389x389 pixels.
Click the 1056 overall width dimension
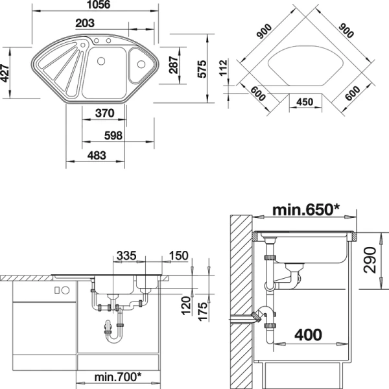[99, 5]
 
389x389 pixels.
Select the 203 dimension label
[85, 23]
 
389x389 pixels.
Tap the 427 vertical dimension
[5, 73]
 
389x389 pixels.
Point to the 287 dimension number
[173, 65]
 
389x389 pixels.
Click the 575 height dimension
[202, 69]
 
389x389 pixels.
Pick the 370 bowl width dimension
[104, 113]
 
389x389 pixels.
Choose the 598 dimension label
[113, 136]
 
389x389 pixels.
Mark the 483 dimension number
[97, 156]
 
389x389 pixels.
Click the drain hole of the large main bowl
[101, 61]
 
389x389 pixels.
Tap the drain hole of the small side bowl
[141, 64]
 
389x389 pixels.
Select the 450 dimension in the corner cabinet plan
[305, 102]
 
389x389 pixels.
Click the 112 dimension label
[223, 67]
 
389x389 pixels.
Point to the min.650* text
[305, 209]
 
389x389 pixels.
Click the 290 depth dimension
[370, 260]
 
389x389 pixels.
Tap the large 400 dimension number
[308, 335]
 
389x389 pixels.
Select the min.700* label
[118, 377]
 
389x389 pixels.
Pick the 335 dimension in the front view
[126, 255]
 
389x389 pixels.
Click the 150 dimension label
[178, 256]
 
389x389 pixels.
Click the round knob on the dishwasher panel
[65, 290]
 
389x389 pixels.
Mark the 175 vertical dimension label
[202, 312]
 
